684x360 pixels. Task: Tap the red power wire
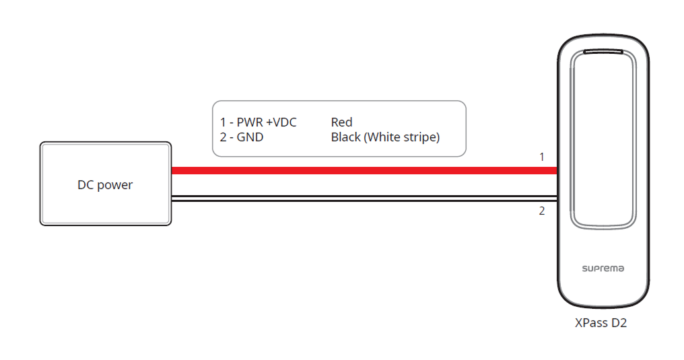364,171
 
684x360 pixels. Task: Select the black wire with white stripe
364,198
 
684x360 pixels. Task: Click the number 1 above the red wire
542,157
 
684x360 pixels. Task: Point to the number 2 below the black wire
542,211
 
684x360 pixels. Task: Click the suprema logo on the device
603,268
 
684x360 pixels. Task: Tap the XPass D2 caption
601,323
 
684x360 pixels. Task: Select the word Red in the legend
341,122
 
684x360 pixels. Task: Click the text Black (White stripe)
385,137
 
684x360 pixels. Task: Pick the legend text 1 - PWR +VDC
258,122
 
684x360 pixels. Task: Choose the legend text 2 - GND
242,137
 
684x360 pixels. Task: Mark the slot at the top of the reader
604,51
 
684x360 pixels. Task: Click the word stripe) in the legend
421,137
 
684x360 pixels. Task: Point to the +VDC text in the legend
279,122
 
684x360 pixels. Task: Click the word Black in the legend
345,137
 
